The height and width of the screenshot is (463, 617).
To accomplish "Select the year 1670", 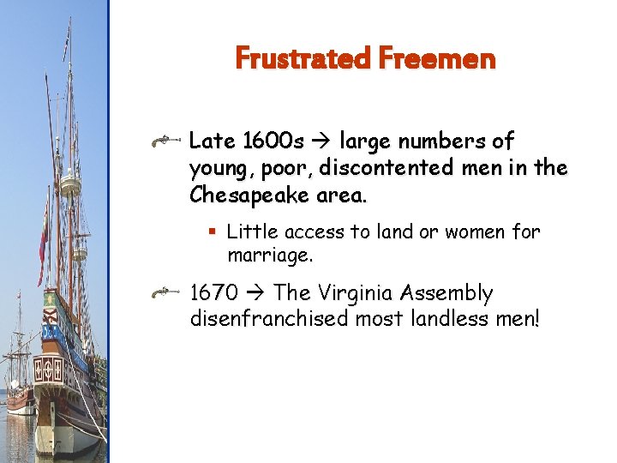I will pos(214,293).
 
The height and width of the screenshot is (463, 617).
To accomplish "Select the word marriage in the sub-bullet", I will pos(270,255).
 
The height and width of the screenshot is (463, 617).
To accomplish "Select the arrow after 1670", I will pos(256,293).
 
